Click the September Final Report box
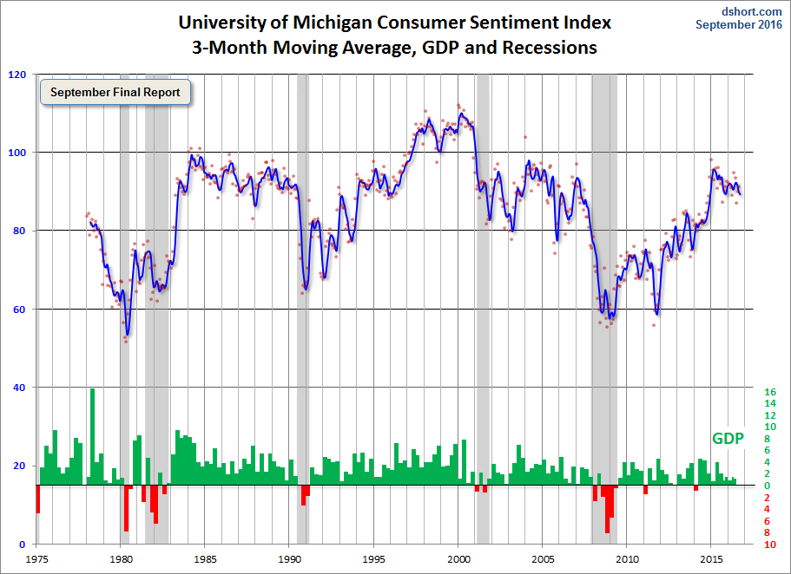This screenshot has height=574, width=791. (x=115, y=92)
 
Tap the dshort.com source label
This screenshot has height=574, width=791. (x=751, y=11)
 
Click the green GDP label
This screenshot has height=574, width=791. (x=728, y=439)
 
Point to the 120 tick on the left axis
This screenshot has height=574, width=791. (x=17, y=75)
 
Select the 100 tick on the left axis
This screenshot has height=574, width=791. (x=17, y=153)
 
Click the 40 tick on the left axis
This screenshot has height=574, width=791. (x=19, y=388)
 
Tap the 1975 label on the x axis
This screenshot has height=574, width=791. (x=36, y=559)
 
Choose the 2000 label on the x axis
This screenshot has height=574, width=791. (x=458, y=559)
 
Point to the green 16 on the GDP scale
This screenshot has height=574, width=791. (x=770, y=392)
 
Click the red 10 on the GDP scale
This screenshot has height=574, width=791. (x=770, y=545)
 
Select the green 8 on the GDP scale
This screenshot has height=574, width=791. (x=767, y=439)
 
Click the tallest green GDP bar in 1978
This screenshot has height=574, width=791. (x=92, y=436)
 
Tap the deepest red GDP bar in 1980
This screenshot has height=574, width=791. (x=126, y=508)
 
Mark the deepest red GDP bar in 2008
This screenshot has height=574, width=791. (x=608, y=509)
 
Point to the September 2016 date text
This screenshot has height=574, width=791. (x=739, y=24)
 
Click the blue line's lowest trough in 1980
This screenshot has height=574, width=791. (x=128, y=335)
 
